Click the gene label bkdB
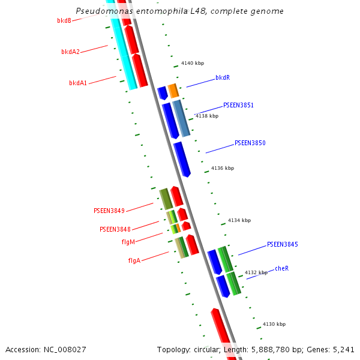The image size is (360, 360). (x=64, y=20)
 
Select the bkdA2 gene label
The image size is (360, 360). (x=70, y=52)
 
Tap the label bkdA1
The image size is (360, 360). (x=78, y=83)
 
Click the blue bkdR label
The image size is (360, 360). (x=223, y=78)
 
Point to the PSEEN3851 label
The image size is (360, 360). (x=238, y=105)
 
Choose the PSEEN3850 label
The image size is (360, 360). (x=250, y=143)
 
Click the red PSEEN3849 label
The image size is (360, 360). (x=109, y=211)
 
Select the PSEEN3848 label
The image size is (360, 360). (x=115, y=229)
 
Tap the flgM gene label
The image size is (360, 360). (x=128, y=242)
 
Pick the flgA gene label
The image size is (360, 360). (x=134, y=260)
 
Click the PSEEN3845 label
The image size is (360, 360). (x=282, y=245)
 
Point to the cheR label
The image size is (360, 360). (x=282, y=268)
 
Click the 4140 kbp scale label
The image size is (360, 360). (x=193, y=64)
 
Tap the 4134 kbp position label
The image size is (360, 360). (x=239, y=221)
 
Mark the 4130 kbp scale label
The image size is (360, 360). (x=274, y=324)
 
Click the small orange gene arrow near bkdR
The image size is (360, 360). (x=173, y=91)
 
